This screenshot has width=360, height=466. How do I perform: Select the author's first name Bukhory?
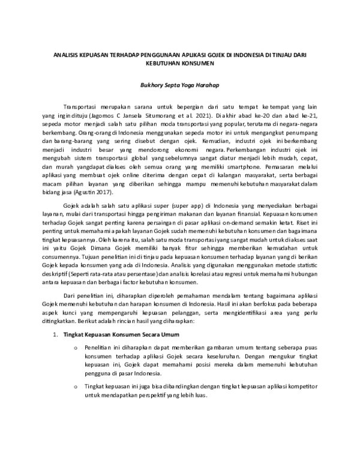pos(152,84)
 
